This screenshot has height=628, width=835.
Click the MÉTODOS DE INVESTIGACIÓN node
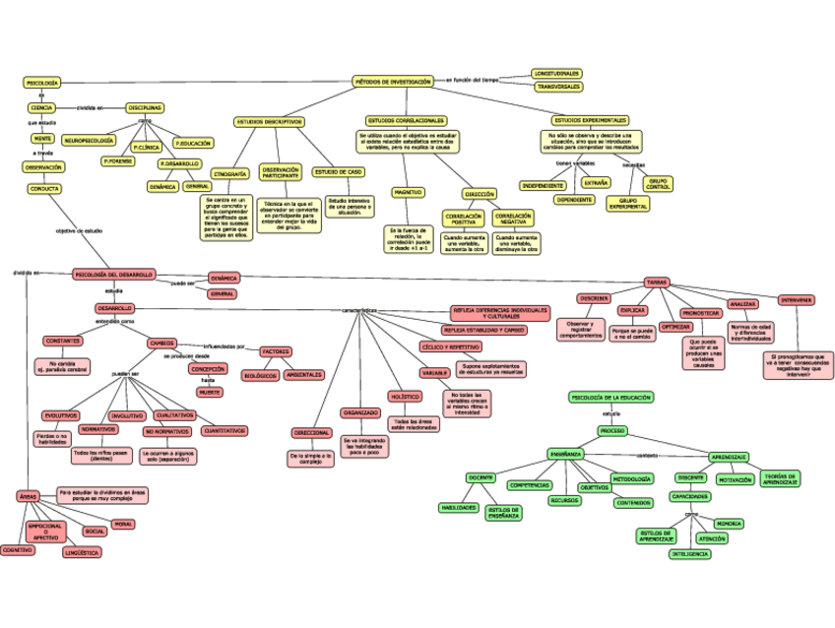tap(393, 82)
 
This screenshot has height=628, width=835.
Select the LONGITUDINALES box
tap(556, 74)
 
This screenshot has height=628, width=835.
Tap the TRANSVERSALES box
tap(556, 87)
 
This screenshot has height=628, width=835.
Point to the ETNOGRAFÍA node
tap(229, 173)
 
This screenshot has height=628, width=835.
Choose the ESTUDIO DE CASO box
tap(338, 171)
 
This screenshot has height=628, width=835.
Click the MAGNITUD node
tap(408, 192)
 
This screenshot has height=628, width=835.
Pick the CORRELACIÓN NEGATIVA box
tap(513, 219)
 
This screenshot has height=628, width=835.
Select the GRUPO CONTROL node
tap(660, 184)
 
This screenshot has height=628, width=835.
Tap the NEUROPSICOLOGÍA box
tap(89, 141)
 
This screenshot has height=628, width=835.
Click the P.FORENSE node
tap(119, 160)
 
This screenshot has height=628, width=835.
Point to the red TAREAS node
tap(657, 282)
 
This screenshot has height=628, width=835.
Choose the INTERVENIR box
tap(796, 299)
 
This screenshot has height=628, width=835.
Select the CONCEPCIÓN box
tap(208, 369)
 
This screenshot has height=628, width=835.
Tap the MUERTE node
tap(210, 392)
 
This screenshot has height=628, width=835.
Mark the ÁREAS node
tap(27, 496)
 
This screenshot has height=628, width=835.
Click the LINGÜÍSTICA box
tap(82, 553)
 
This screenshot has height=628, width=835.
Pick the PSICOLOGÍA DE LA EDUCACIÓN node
tap(610, 398)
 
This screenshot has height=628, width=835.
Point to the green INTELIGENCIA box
tap(689, 554)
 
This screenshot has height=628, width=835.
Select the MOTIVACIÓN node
tap(734, 480)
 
